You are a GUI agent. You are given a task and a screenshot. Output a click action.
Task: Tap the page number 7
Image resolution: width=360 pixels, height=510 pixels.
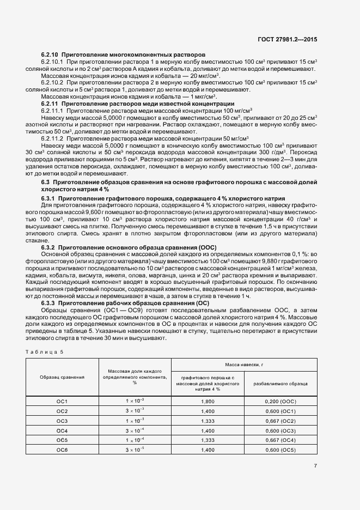click(x=315, y=465)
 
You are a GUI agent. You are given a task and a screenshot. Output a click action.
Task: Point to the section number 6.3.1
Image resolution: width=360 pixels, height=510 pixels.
click(x=48, y=198)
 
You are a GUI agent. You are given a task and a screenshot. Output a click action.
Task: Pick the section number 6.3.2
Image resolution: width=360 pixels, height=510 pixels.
click(x=48, y=247)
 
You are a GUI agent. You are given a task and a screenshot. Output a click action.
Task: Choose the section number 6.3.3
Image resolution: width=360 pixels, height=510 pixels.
click(x=48, y=302)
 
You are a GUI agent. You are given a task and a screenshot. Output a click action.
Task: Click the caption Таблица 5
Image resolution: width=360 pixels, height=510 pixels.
click(x=45, y=351)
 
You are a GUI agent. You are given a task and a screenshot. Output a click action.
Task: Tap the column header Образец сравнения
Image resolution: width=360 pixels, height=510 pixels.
click(x=62, y=377)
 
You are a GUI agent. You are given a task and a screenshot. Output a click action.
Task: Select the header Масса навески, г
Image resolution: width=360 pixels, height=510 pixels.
click(x=244, y=364)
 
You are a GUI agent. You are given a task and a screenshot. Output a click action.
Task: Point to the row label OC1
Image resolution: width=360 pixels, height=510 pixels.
click(x=62, y=401)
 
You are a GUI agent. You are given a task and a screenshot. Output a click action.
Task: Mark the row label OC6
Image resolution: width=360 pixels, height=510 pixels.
click(x=62, y=450)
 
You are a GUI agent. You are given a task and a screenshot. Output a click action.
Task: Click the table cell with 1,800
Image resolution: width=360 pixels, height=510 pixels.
click(x=208, y=401)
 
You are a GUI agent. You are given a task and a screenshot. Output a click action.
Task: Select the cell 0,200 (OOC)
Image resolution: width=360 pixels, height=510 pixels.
click(x=280, y=401)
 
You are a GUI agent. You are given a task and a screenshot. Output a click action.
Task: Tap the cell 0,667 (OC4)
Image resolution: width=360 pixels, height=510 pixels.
click(x=280, y=440)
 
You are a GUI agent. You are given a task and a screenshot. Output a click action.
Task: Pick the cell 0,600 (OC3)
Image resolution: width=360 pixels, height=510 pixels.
click(x=280, y=430)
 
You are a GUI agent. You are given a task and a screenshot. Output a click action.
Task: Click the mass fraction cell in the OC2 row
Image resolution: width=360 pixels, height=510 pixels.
click(x=135, y=410)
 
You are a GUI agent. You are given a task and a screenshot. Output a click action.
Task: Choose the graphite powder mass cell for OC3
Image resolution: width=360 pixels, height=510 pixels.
click(x=208, y=420)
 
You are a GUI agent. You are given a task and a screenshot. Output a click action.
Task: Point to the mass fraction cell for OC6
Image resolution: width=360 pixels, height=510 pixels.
click(x=135, y=450)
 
